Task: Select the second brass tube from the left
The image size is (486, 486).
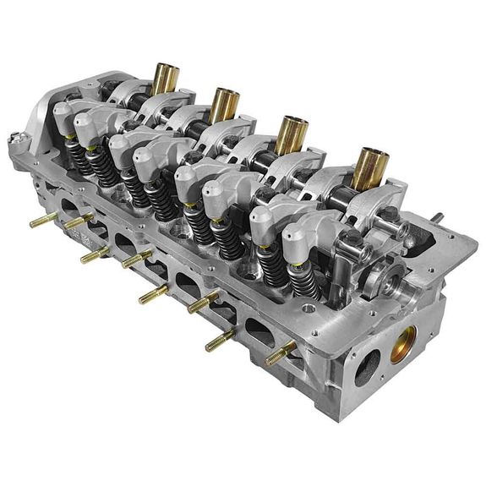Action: (224, 103)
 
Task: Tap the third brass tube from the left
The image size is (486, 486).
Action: (291, 132)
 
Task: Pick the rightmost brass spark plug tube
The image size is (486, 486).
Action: (369, 167)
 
